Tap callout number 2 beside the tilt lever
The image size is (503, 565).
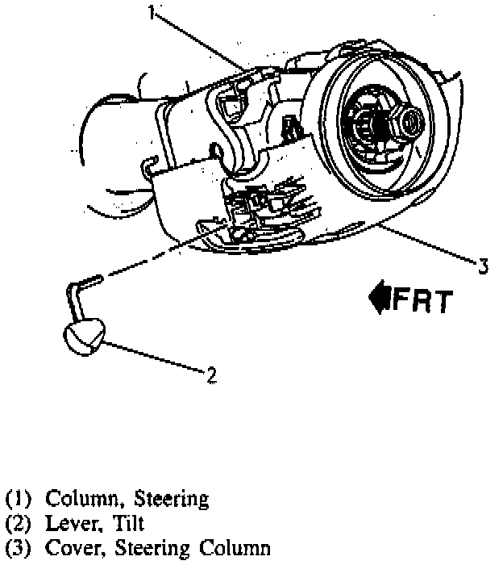210,374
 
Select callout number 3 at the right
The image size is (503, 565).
481,265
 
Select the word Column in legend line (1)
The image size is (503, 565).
76,498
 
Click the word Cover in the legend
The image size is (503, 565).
67,550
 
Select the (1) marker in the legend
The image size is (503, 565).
18,499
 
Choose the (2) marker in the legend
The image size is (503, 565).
18,525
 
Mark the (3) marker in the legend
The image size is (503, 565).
18,550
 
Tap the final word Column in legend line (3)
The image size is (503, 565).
230,550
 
